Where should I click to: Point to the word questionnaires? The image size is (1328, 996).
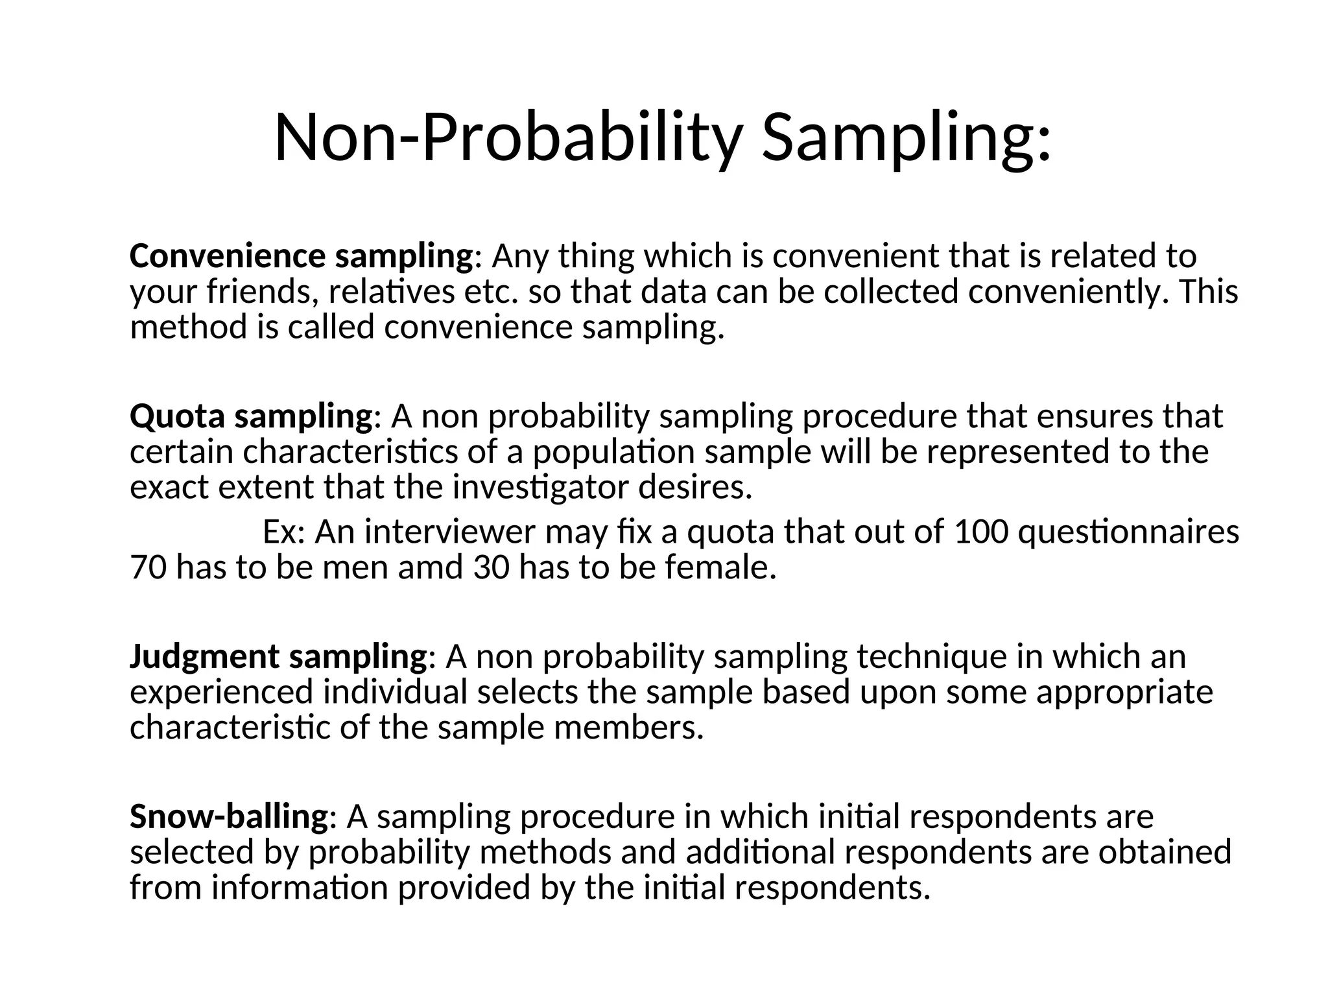coord(1128,532)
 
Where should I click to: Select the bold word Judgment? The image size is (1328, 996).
coord(204,657)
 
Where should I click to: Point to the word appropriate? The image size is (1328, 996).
coord(1124,693)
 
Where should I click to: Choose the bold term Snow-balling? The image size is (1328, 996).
coord(229,816)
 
